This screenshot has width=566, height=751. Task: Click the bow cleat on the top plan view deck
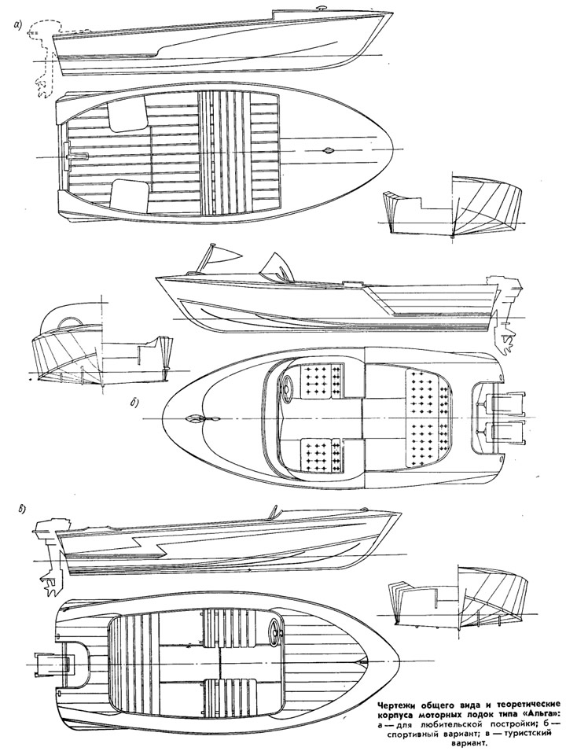[327, 149]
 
